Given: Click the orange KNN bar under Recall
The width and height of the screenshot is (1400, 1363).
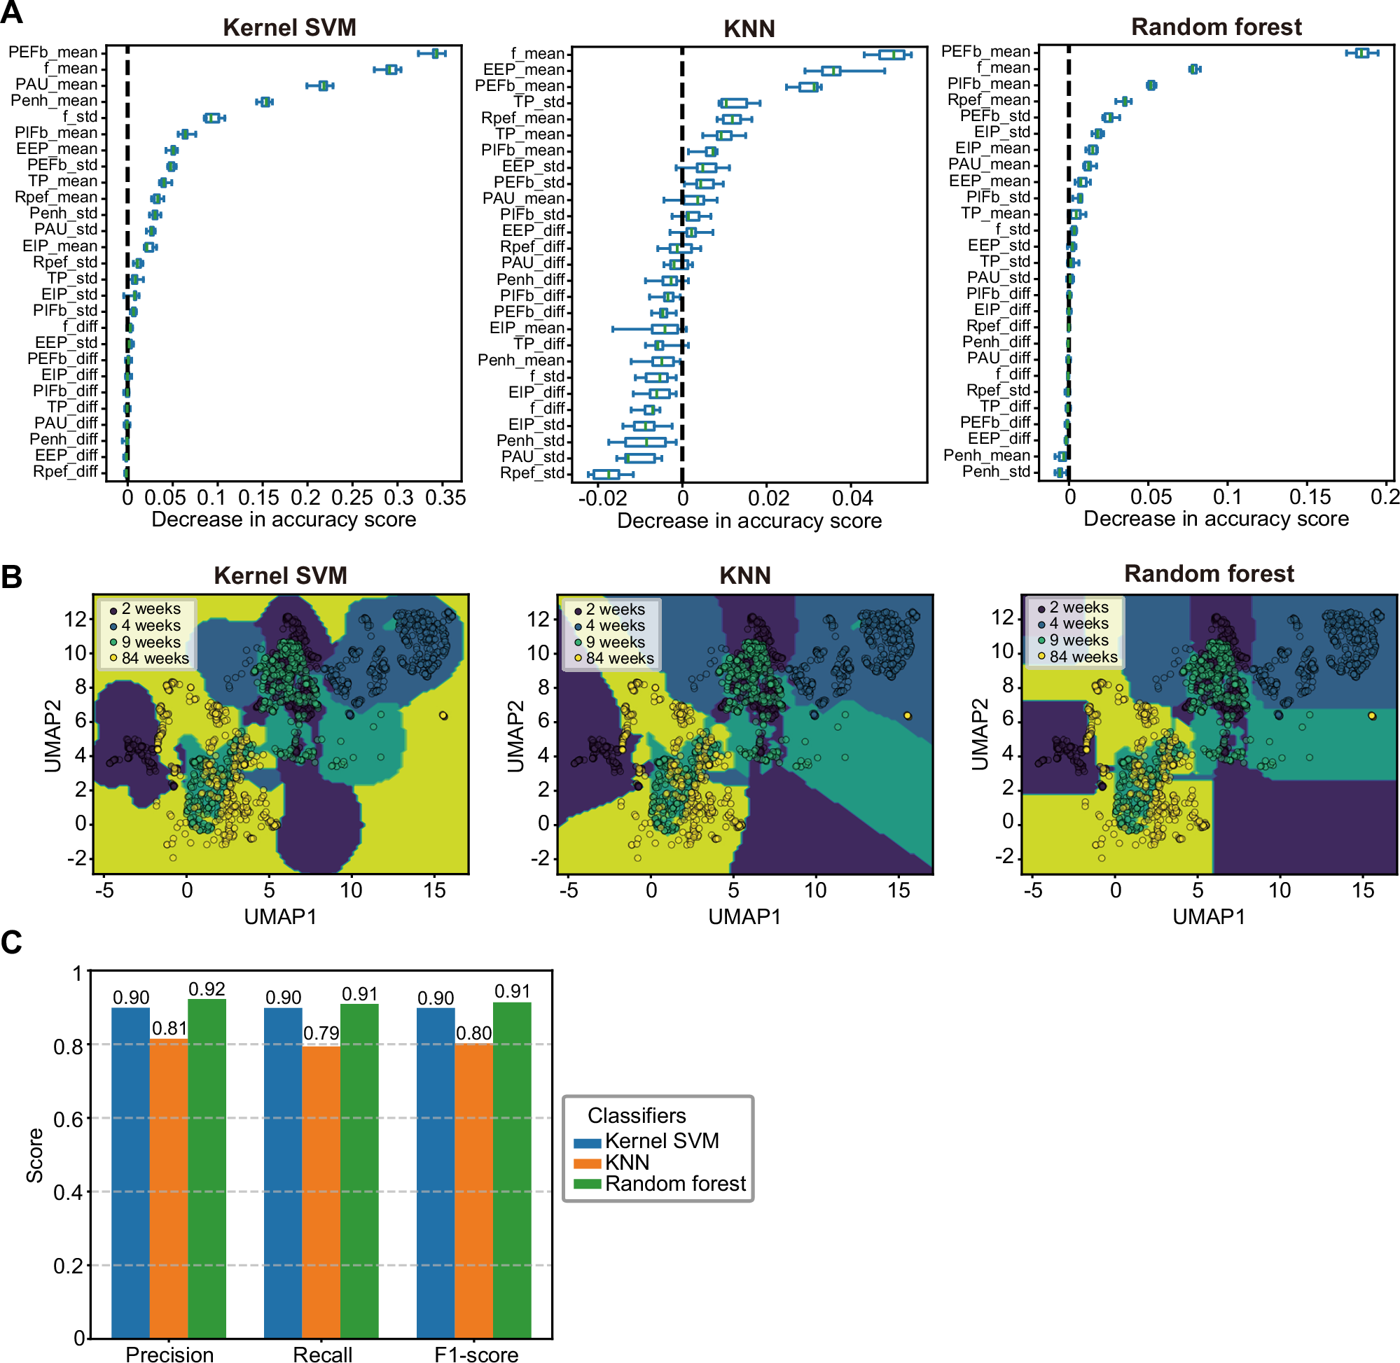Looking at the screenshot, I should coord(321,1191).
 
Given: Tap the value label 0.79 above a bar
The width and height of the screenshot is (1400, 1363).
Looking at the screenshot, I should coord(321,1033).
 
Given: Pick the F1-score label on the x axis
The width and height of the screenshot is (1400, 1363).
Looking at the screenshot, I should coord(476,1353).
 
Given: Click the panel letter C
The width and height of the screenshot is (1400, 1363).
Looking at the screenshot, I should coord(11,942).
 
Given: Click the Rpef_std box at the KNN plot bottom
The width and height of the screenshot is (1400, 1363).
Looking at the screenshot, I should coord(606,474).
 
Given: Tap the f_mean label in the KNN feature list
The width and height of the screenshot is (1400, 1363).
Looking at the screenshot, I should coord(538,54).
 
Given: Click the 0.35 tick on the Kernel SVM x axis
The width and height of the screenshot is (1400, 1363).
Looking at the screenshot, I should coord(445,498).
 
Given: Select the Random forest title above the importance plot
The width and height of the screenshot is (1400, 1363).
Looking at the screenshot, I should coord(1215,27).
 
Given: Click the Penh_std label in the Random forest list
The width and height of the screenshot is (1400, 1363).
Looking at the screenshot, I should coord(995,471).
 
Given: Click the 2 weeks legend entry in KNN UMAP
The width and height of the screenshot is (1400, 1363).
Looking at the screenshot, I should coord(614,609).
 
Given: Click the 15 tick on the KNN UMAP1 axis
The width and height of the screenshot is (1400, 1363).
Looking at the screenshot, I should coord(898,890).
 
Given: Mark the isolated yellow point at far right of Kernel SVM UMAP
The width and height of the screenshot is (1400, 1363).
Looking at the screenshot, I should coord(443,715).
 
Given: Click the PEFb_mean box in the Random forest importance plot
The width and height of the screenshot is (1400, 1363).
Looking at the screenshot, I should coord(1361,53).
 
